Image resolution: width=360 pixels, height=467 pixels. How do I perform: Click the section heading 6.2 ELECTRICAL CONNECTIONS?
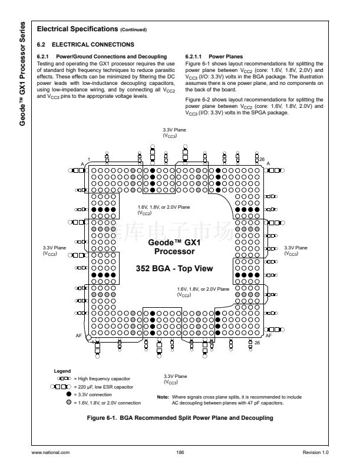tap(85, 44)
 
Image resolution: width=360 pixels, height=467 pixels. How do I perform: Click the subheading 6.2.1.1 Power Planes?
tap(209, 57)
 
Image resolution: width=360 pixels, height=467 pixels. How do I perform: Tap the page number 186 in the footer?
tap(180, 452)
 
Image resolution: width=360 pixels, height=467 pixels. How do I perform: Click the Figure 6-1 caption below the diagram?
tap(180, 418)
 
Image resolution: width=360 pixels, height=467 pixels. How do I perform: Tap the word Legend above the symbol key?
tap(62, 371)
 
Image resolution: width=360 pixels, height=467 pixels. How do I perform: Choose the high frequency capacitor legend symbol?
tap(64, 378)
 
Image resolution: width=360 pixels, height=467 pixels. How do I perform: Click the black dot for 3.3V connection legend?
tap(70, 394)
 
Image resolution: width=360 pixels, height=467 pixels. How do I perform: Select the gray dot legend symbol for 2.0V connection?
tap(70, 402)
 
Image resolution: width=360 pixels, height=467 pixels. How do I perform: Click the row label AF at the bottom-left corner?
tap(79, 334)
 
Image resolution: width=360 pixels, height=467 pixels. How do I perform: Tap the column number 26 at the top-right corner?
tap(262, 158)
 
